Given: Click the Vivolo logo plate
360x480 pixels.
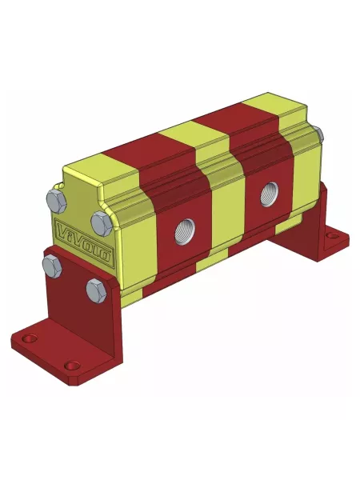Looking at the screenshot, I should click(83, 243).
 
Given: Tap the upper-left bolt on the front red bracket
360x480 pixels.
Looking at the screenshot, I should click(51, 264).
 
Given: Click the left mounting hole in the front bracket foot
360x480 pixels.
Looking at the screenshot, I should click(30, 339).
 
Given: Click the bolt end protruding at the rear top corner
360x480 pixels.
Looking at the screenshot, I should click(319, 135).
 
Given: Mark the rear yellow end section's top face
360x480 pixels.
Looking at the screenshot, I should click(276, 109).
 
